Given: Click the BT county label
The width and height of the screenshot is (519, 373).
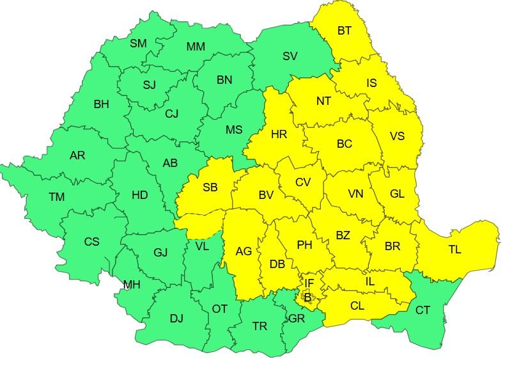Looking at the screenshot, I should [x=344, y=30].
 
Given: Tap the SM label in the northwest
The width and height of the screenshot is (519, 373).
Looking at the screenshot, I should [x=138, y=44].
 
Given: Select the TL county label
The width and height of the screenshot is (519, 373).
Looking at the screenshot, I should [x=454, y=250].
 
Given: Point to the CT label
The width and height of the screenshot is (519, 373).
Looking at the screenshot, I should [x=422, y=310].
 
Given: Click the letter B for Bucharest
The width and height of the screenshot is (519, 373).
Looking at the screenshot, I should [x=307, y=297].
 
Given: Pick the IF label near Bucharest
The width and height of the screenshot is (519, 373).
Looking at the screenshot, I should [x=309, y=283].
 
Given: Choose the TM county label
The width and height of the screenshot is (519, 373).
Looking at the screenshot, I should [x=57, y=198].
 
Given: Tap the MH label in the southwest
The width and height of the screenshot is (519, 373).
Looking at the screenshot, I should [x=132, y=285].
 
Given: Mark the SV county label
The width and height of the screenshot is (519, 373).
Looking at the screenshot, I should [x=290, y=56].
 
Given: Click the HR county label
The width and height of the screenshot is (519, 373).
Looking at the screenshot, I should [x=279, y=134].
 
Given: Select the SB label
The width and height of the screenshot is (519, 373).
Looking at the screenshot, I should [x=210, y=187].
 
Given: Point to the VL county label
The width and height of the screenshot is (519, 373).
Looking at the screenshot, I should [x=201, y=246].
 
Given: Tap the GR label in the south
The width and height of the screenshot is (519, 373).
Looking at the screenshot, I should [x=296, y=317].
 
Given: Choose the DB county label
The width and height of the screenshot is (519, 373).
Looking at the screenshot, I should [x=277, y=264].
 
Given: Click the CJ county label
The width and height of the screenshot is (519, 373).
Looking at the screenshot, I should [x=171, y=114].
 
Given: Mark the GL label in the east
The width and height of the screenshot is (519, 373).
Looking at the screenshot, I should [x=396, y=193].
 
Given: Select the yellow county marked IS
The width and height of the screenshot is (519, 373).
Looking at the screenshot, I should [x=371, y=83].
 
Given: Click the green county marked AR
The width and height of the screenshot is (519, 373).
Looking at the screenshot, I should [x=77, y=155].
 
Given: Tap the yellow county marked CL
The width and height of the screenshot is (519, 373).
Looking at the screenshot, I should [x=357, y=306].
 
